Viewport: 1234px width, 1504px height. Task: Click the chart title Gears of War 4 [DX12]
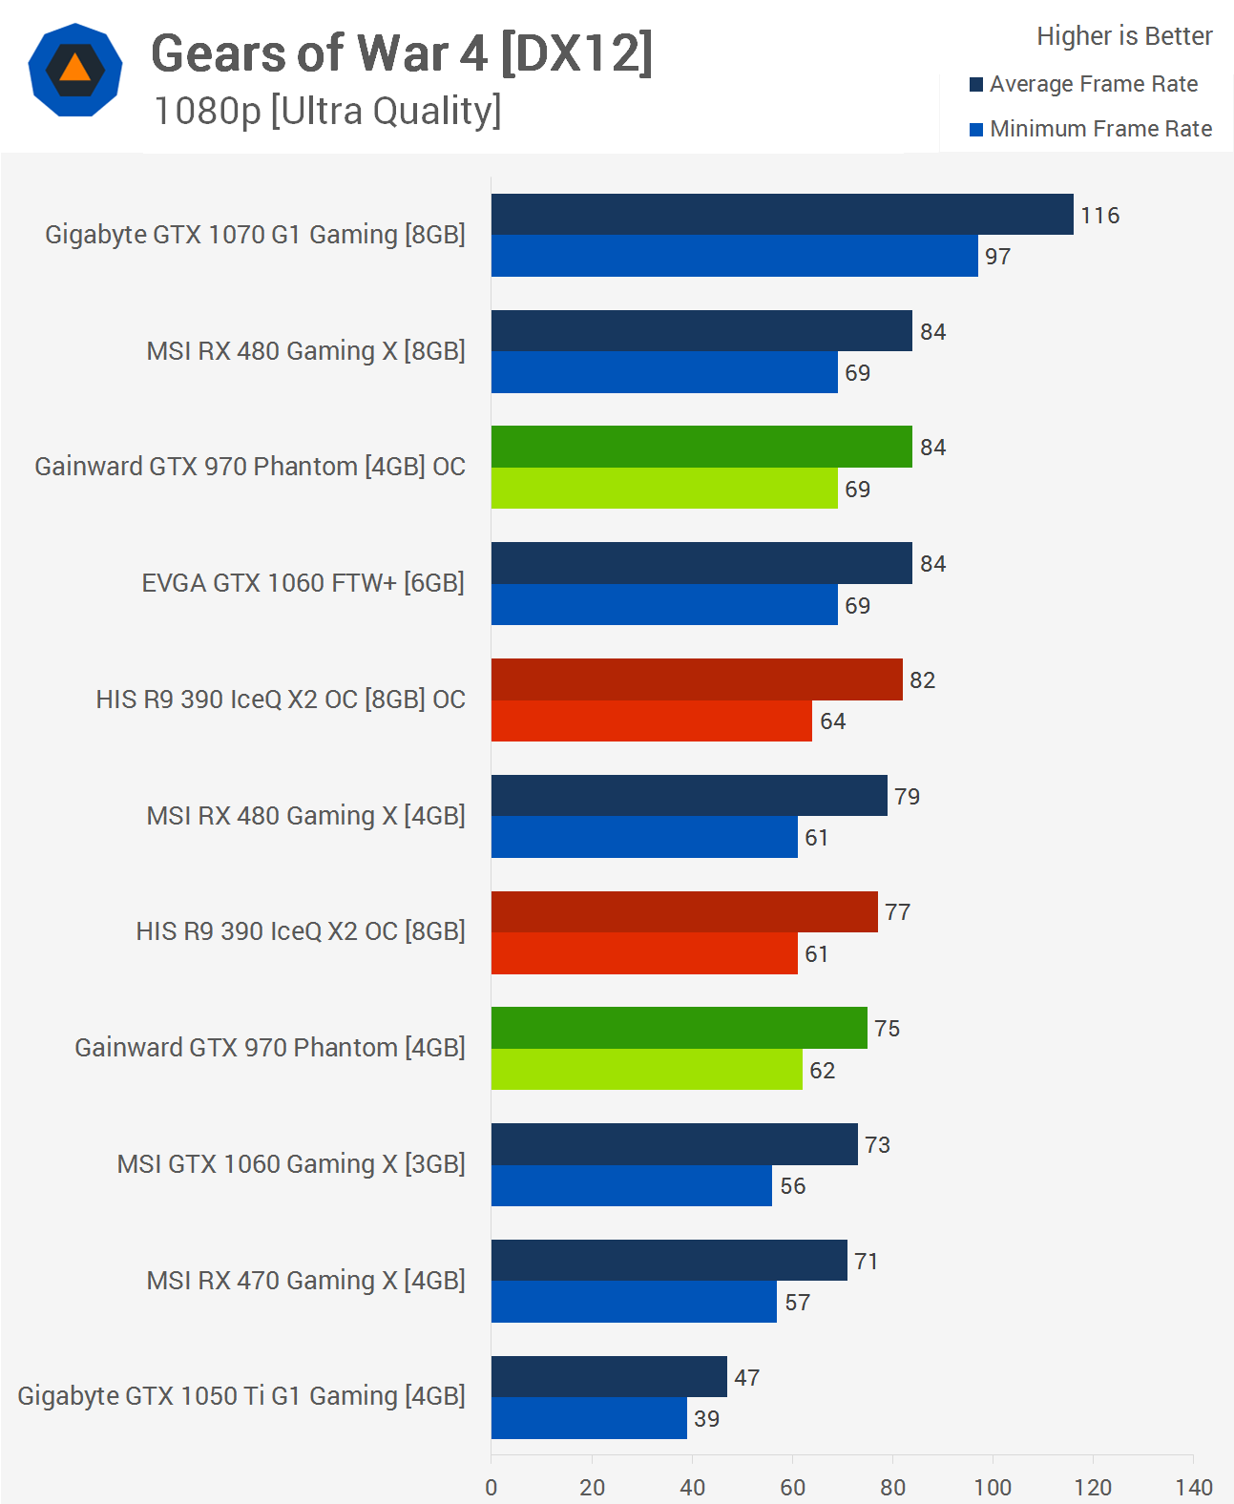[x=402, y=53]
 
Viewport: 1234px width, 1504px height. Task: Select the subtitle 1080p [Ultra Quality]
[x=327, y=112]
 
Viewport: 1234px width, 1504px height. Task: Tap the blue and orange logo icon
[x=75, y=70]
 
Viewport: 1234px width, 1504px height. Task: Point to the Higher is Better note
[x=1123, y=36]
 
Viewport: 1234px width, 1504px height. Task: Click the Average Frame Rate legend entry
[x=1093, y=84]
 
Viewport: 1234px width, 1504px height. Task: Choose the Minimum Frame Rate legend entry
[x=1100, y=129]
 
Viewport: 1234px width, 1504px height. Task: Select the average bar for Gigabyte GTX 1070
[x=782, y=215]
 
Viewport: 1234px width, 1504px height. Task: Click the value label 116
[x=1099, y=216]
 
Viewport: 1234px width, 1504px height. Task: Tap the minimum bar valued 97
[x=734, y=256]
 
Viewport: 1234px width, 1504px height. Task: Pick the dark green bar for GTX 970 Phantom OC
[x=701, y=447]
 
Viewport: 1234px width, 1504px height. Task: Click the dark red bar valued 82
[x=697, y=679]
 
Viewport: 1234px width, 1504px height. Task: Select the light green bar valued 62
[x=646, y=1070]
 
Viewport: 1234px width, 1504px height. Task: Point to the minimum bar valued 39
[x=589, y=1418]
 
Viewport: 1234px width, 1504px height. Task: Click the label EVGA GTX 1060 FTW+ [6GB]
[x=303, y=583]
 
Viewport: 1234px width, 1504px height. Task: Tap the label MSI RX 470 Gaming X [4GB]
[x=305, y=1281]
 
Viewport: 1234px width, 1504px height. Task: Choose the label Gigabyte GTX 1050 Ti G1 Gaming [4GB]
[x=241, y=1396]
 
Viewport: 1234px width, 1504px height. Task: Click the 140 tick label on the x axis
[x=1193, y=1487]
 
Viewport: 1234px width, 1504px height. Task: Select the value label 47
[x=746, y=1378]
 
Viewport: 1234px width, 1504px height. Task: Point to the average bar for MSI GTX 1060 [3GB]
[x=674, y=1144]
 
